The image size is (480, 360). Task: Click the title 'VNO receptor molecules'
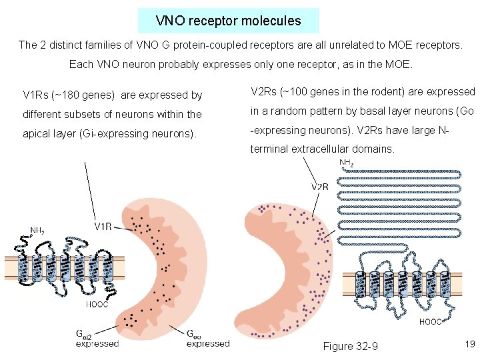point(228,21)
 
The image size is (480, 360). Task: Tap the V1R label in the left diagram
point(103,227)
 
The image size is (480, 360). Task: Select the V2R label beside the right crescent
point(320,187)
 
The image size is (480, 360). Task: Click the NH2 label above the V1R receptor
point(38,231)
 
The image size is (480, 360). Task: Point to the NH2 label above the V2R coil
point(347,163)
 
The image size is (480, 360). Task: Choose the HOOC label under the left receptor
point(97,304)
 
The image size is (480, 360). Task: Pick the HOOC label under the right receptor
point(430,321)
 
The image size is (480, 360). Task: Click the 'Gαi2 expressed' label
point(97,339)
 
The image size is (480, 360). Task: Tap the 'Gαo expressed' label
point(207,339)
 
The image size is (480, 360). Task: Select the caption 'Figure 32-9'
point(350,346)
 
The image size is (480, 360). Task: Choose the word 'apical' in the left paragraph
point(37,133)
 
